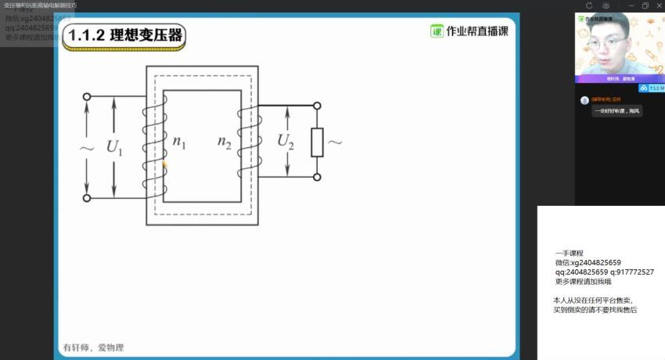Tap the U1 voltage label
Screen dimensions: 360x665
(x=115, y=146)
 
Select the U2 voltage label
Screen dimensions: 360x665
(x=286, y=142)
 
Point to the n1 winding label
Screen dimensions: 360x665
(x=179, y=142)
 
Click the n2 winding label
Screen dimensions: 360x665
(x=225, y=142)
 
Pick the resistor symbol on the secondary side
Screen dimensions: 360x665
(x=317, y=142)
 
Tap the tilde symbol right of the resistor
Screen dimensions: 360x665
(x=335, y=142)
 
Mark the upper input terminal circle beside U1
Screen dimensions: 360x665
(x=87, y=96)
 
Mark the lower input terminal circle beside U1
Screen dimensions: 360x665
(x=87, y=199)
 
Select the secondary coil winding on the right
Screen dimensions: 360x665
(x=246, y=142)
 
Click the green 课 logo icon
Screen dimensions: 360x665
(x=437, y=31)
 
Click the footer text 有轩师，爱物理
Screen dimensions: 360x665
(x=93, y=347)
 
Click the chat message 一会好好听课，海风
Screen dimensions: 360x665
(x=617, y=111)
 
